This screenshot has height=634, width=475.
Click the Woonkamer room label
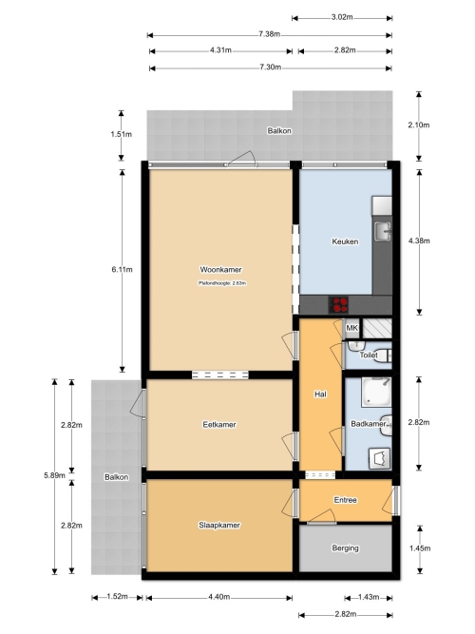point(220,269)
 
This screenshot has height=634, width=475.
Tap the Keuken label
point(345,241)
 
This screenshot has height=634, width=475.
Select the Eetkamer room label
point(219,425)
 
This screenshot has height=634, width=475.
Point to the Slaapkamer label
point(219,526)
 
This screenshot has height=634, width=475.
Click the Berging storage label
point(345,548)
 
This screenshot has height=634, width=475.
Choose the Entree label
point(345,500)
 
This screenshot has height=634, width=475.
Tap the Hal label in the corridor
point(320,394)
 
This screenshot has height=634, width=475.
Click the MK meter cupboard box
point(351,328)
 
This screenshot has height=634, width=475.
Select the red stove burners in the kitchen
point(339,305)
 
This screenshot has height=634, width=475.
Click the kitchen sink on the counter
point(382,231)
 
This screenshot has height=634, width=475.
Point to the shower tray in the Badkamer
point(376,392)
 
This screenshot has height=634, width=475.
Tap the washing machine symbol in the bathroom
point(380,458)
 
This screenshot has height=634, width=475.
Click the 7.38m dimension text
point(269,34)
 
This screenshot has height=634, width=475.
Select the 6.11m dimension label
point(123,269)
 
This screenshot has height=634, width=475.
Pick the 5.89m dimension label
point(54,475)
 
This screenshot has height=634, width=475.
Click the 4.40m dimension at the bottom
point(219,597)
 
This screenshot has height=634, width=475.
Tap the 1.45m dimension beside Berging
point(420,548)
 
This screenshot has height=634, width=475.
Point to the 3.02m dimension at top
point(342,17)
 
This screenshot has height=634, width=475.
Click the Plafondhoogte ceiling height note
point(222,283)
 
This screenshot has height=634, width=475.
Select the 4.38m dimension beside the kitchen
point(419,240)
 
